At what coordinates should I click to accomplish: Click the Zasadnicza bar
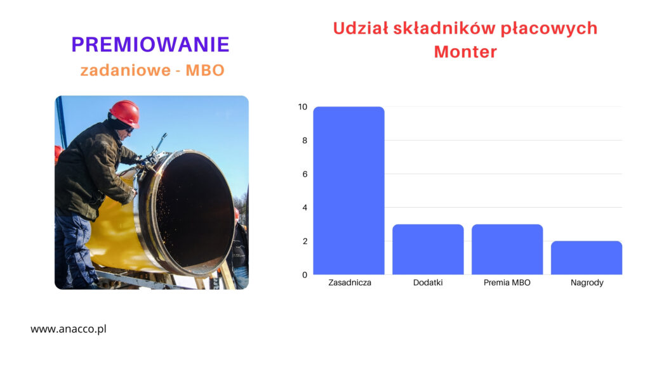pyautogui.click(x=348, y=190)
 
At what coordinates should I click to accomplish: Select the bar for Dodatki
pyautogui.click(x=428, y=249)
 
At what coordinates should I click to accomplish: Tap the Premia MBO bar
pyautogui.click(x=507, y=249)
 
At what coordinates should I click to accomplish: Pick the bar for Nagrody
pyautogui.click(x=586, y=257)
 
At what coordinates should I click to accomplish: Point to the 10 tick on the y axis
pyautogui.click(x=303, y=106)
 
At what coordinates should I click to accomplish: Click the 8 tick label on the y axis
pyautogui.click(x=305, y=140)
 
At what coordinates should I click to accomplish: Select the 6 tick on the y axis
pyautogui.click(x=305, y=174)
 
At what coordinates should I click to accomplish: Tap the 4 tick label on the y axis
pyautogui.click(x=305, y=207)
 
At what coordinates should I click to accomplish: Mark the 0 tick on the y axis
pyautogui.click(x=305, y=275)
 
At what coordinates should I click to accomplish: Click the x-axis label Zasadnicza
pyautogui.click(x=350, y=283)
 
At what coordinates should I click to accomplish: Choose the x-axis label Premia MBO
pyautogui.click(x=507, y=283)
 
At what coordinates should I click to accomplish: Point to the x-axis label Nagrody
pyautogui.click(x=587, y=283)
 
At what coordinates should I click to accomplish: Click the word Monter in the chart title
pyautogui.click(x=465, y=52)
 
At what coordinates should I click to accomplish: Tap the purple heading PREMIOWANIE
pyautogui.click(x=150, y=45)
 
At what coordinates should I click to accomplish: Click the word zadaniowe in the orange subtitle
pyautogui.click(x=126, y=70)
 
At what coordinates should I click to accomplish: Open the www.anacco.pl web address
pyautogui.click(x=69, y=329)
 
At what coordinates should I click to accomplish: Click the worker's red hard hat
pyautogui.click(x=125, y=113)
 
